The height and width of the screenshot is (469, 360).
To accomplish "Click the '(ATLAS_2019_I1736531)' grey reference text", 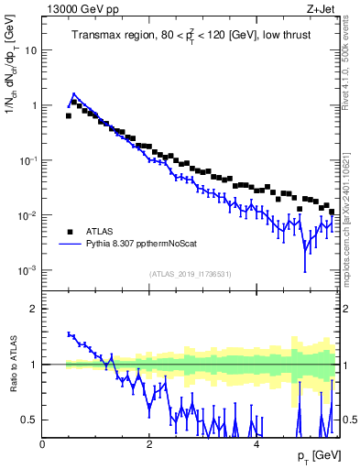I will pyautogui.click(x=190, y=274).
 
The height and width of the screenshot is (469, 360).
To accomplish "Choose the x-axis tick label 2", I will pyautogui.click(x=149, y=443).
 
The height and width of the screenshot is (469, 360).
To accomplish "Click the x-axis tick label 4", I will pyautogui.click(x=256, y=443).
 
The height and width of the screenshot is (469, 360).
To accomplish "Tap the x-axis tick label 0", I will pyautogui.click(x=43, y=443).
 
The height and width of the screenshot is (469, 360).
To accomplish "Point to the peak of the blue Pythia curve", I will pyautogui.click(x=73, y=93).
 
